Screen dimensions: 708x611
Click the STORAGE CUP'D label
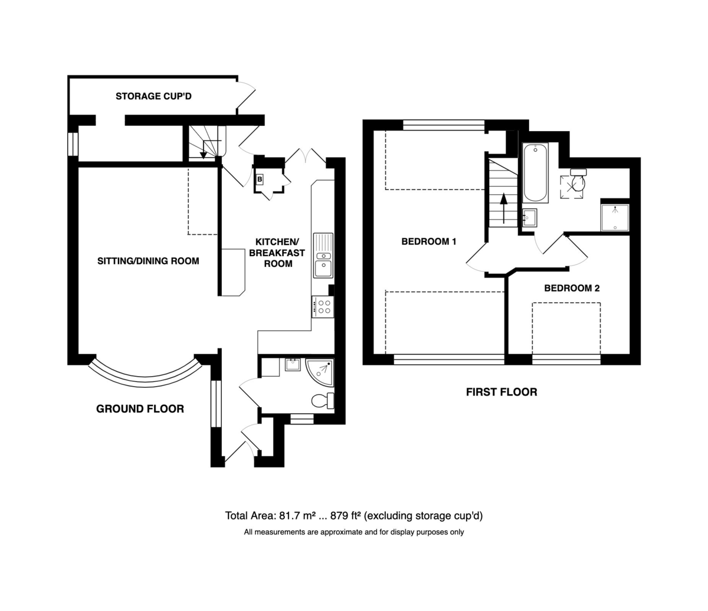[153, 96]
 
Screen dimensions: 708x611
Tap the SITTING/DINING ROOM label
[148, 261]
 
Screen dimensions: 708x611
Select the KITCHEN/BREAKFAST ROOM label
[277, 253]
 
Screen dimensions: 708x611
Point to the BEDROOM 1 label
[429, 241]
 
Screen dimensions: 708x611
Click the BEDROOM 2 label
[572, 288]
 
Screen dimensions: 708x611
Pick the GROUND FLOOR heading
[140, 409]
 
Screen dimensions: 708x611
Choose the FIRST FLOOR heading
[501, 392]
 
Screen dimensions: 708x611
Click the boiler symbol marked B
[260, 179]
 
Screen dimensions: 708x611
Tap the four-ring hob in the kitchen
[323, 307]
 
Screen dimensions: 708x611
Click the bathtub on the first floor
[535, 173]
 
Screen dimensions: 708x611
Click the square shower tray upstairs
[615, 218]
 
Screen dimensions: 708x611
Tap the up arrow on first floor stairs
[503, 208]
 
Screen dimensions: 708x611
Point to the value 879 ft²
[346, 516]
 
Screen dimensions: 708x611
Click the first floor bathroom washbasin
[530, 218]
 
